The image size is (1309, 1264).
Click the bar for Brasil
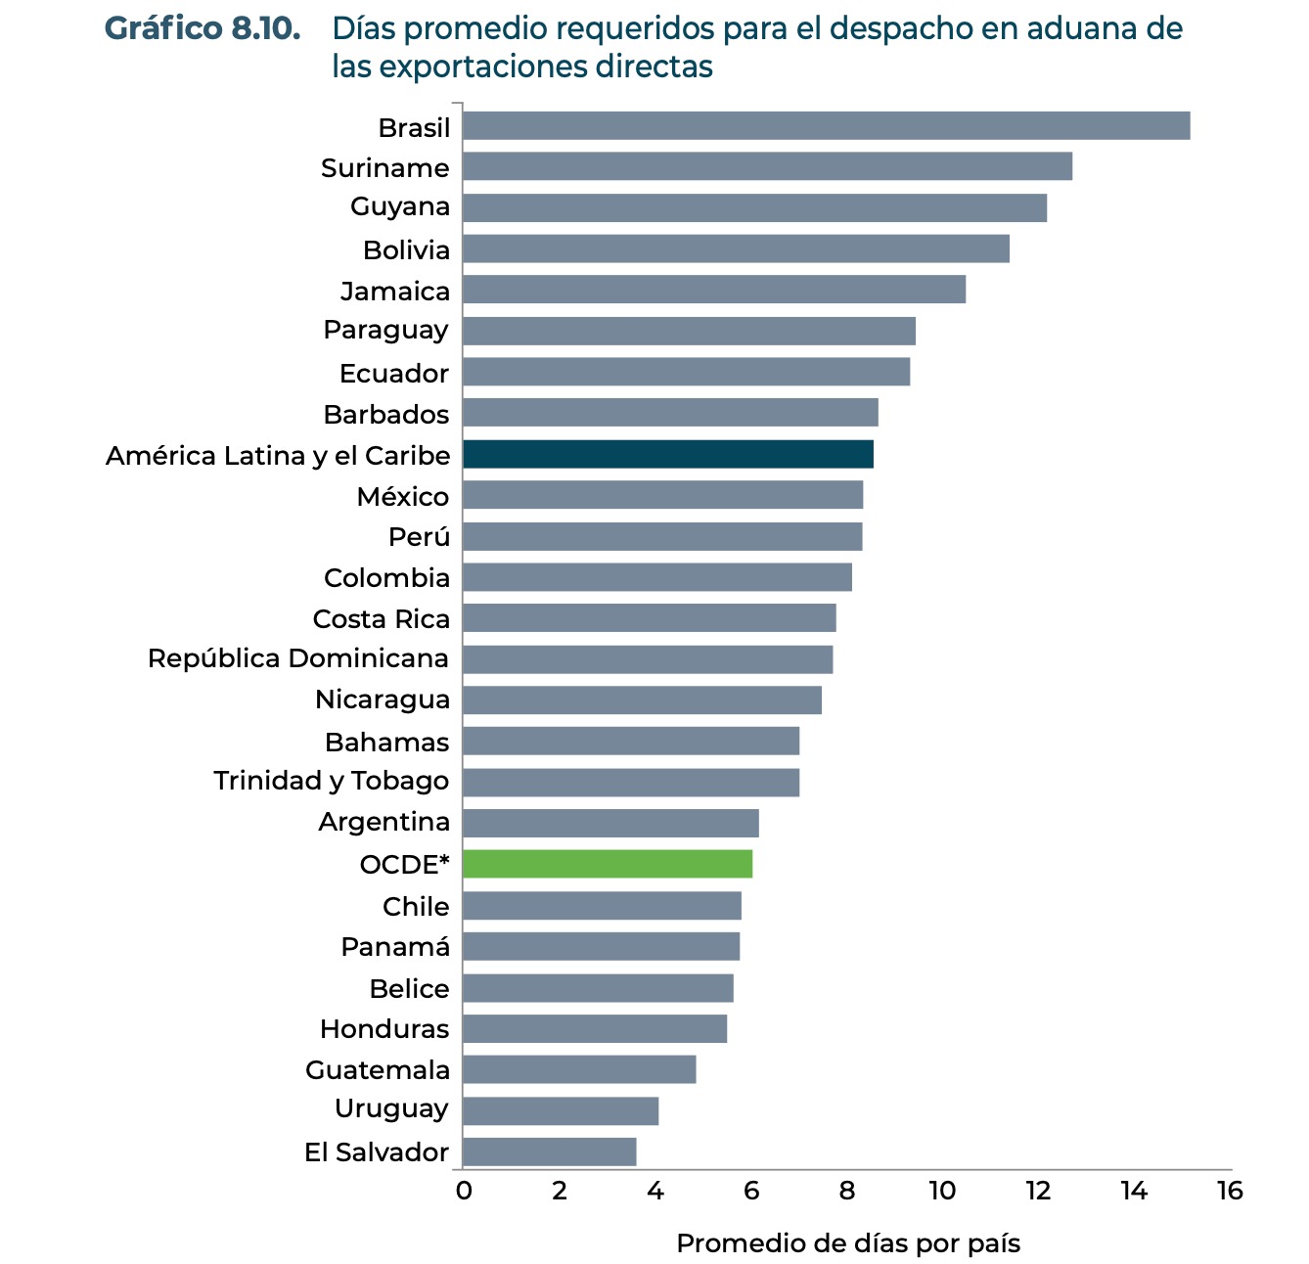[826, 126]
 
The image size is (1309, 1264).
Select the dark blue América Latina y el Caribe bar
[667, 455]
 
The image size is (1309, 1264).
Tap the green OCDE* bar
[607, 865]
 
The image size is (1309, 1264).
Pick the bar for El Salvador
[549, 1151]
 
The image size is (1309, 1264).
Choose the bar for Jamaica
[713, 290]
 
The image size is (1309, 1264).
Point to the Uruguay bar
[560, 1111]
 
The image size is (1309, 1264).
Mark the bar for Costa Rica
[649, 618]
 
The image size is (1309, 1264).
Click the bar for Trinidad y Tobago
[630, 783]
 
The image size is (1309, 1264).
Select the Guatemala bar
[578, 1069]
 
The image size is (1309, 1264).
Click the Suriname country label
[385, 168]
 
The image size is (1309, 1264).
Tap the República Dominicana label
[298, 658]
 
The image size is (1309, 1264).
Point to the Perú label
[419, 537]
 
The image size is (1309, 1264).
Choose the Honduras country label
[384, 1029]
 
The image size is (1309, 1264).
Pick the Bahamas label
[386, 743]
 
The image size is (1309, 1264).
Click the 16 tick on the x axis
[1230, 1191]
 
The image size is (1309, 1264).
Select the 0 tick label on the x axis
[463, 1191]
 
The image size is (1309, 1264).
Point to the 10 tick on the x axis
[942, 1191]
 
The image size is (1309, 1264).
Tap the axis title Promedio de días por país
[848, 1243]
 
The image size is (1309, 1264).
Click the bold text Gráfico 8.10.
[203, 29]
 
